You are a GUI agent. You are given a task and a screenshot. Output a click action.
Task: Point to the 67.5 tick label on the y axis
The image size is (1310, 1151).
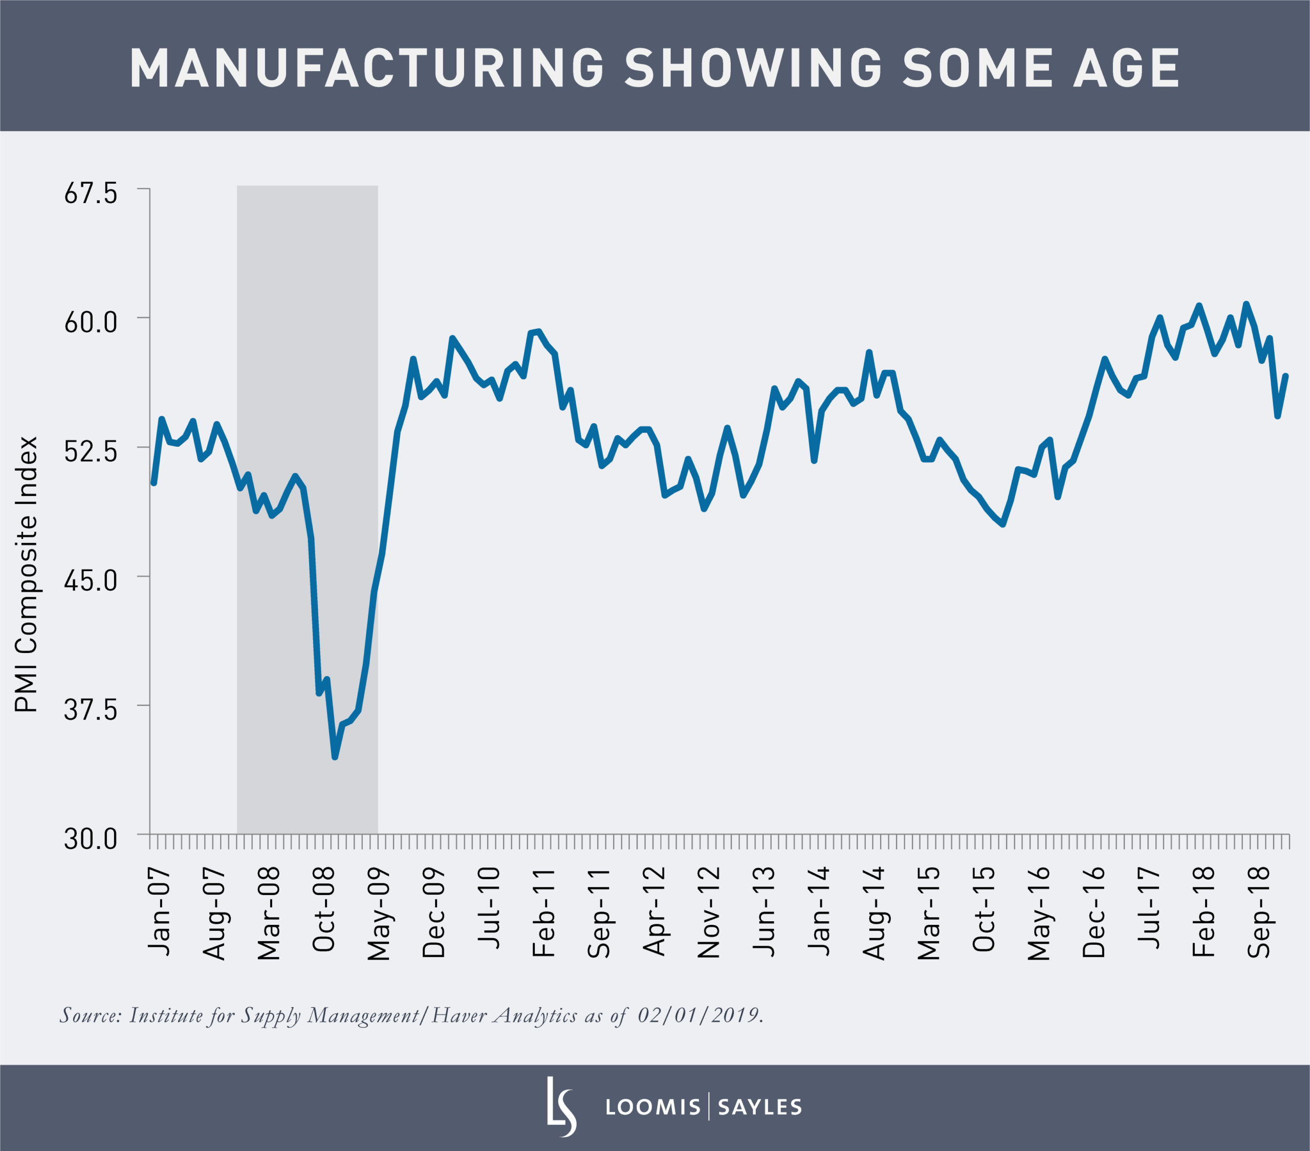(91, 193)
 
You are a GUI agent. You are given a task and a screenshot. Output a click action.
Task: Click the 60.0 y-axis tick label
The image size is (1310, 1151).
(91, 322)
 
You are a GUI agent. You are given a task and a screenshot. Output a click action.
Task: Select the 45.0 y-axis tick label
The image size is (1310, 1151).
(91, 581)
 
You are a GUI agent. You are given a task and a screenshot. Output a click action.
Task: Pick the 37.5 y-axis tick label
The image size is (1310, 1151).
(91, 709)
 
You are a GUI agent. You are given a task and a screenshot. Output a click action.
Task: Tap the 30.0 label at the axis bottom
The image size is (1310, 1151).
(91, 839)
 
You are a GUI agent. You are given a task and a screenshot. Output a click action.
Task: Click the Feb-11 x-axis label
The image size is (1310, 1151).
(543, 913)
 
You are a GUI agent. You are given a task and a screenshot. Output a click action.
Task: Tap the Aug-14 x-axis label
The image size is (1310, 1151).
(874, 913)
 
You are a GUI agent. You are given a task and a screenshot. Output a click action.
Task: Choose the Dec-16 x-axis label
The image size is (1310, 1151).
(1094, 913)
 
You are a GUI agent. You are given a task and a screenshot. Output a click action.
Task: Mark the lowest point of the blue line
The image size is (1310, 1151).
(335, 757)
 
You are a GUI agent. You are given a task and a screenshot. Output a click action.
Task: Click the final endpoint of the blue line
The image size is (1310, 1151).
(1286, 376)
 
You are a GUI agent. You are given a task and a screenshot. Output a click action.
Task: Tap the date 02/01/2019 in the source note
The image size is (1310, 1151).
(698, 1016)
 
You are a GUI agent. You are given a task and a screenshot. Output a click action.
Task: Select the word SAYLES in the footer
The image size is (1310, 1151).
(759, 1107)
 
